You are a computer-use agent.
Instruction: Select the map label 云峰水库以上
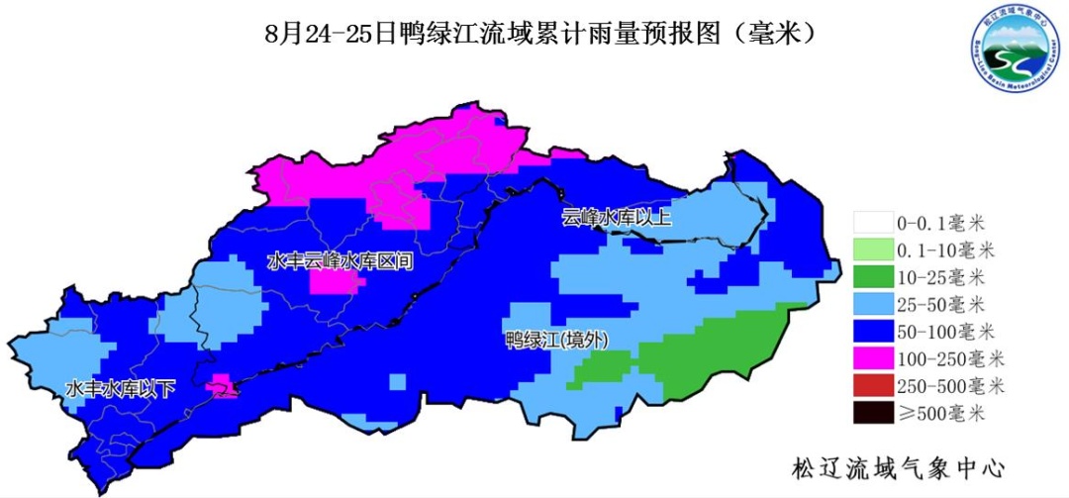click(617, 218)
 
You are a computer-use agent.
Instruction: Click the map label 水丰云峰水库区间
click(340, 260)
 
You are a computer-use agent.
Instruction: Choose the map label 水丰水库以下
click(120, 389)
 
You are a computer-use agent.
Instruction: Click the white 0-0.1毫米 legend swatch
click(872, 223)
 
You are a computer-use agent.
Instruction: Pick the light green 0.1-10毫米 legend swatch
click(872, 249)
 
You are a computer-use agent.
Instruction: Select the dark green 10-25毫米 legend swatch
click(872, 276)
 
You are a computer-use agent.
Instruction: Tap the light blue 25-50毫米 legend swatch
click(872, 303)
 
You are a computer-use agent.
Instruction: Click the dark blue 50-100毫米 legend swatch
click(872, 331)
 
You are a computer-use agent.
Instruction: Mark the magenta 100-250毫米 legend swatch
click(872, 357)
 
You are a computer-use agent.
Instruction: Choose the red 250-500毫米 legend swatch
click(872, 384)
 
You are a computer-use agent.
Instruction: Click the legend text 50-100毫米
click(950, 331)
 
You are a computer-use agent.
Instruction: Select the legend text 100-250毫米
click(950, 357)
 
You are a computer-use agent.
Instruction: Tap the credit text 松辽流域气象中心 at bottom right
click(899, 466)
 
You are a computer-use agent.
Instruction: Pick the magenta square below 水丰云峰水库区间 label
click(334, 283)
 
